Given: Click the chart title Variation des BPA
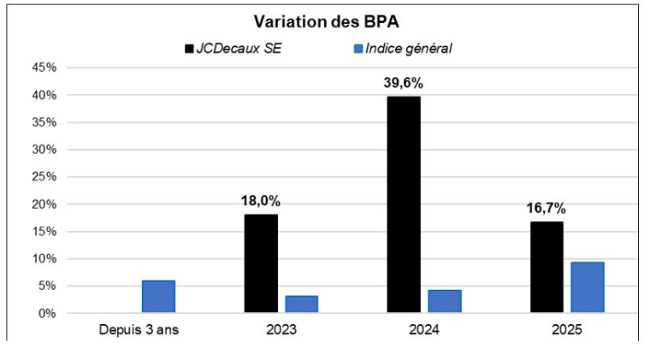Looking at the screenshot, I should tap(326, 21).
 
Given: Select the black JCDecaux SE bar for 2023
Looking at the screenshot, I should tap(260, 263).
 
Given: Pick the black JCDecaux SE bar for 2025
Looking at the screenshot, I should tap(546, 267).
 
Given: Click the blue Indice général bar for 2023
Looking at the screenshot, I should tap(301, 304).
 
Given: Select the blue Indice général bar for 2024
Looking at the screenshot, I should tap(444, 301).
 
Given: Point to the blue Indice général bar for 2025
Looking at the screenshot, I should tap(587, 287).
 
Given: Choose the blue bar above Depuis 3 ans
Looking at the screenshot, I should tap(158, 296).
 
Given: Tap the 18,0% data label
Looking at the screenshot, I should tap(260, 201).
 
